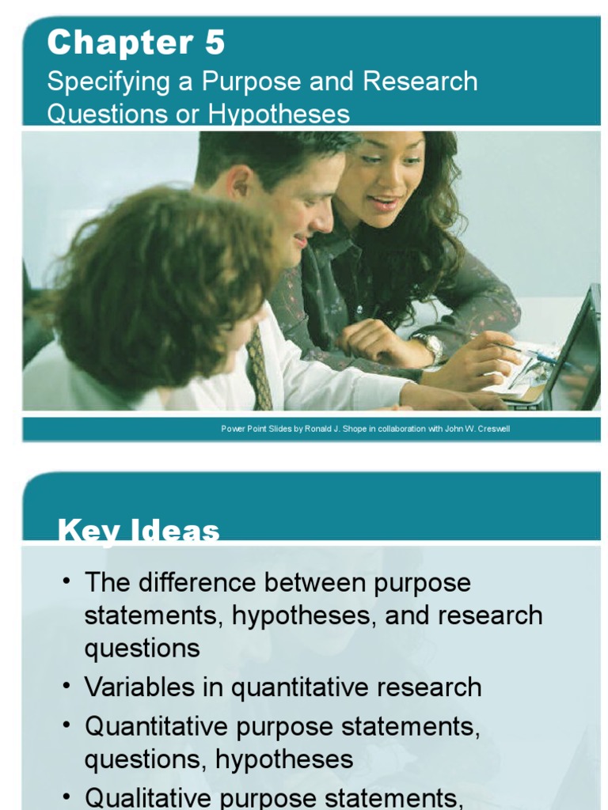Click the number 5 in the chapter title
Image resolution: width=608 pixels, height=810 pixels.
click(x=215, y=42)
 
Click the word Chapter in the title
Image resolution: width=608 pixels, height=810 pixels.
click(x=116, y=42)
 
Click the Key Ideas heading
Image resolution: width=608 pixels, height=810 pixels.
click(x=139, y=531)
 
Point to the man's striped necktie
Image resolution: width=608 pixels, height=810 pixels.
click(x=260, y=368)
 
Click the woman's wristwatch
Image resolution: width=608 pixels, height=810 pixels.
click(x=430, y=346)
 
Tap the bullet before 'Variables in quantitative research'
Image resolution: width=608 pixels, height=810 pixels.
click(x=66, y=686)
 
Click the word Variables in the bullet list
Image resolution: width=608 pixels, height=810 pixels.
click(x=131, y=687)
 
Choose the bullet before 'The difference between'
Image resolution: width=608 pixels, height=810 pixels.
click(x=66, y=582)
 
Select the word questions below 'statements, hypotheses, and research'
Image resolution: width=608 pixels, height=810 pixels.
click(x=142, y=649)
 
